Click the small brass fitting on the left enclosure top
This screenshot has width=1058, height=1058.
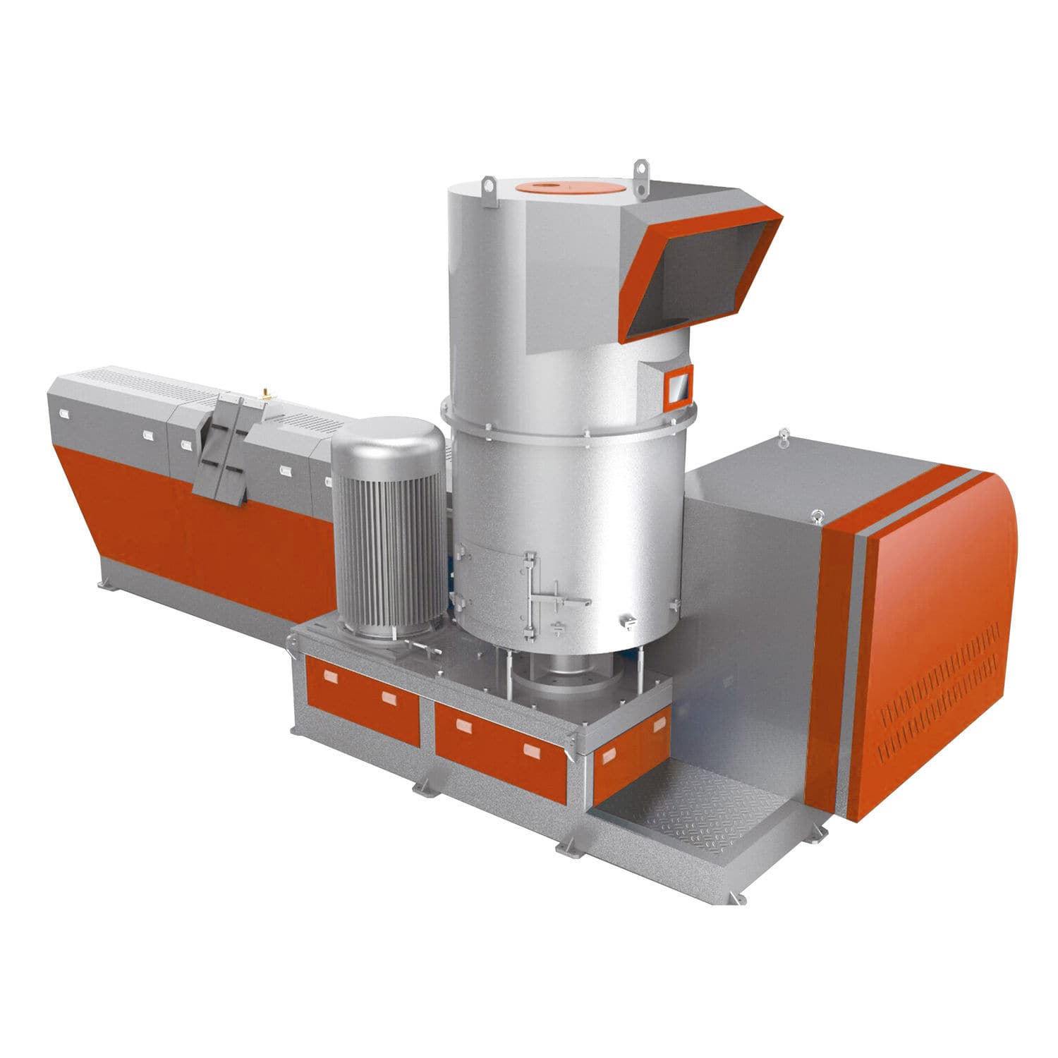pos(266,390)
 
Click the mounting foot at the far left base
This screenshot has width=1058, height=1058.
pos(107,583)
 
